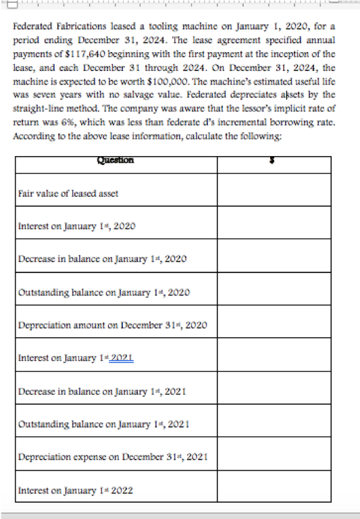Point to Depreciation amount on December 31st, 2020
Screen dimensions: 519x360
(x=111, y=325)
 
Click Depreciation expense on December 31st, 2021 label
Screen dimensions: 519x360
(x=111, y=457)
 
